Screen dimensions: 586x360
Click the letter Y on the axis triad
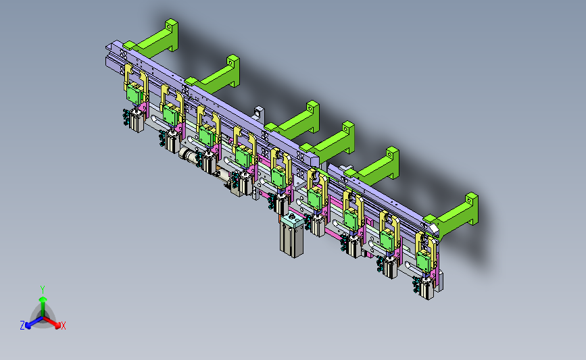(x=42, y=290)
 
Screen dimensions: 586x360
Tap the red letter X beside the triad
(x=63, y=326)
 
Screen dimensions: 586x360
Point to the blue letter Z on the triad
(x=22, y=326)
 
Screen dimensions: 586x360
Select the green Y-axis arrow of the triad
(x=43, y=306)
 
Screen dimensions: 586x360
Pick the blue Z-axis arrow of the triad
(x=34, y=322)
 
